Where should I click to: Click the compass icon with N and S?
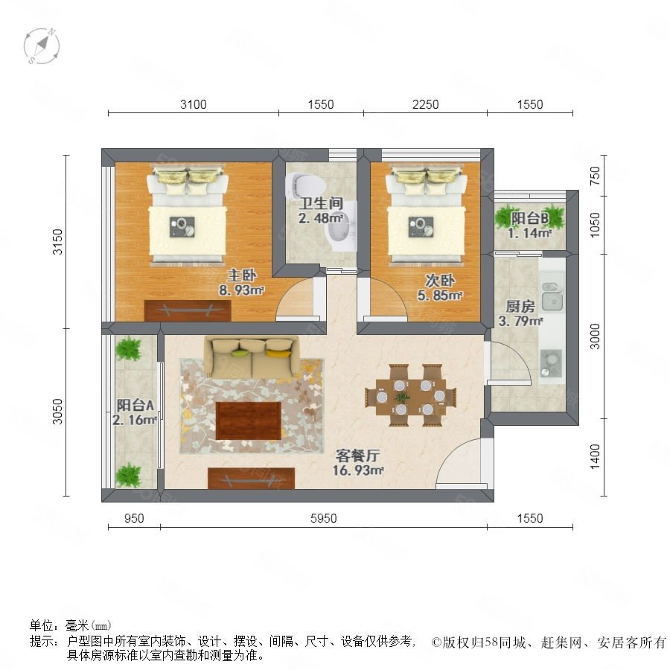coord(42,45)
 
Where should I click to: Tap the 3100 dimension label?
coord(193,104)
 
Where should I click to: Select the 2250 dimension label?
coord(425,104)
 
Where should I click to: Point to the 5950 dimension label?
coord(324,518)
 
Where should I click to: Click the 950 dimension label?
coord(134,518)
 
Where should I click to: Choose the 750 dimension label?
coord(595,176)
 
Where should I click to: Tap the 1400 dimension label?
coord(595,456)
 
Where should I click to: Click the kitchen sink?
coord(552,296)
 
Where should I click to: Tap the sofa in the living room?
coord(252,357)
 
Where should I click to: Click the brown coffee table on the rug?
coord(248,421)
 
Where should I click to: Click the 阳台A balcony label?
coord(135,405)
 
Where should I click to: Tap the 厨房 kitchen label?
coord(520,306)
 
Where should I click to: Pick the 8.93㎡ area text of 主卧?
coord(241,290)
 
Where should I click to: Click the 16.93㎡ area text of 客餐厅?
coord(358,470)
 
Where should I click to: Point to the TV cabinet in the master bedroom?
coord(188,310)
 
